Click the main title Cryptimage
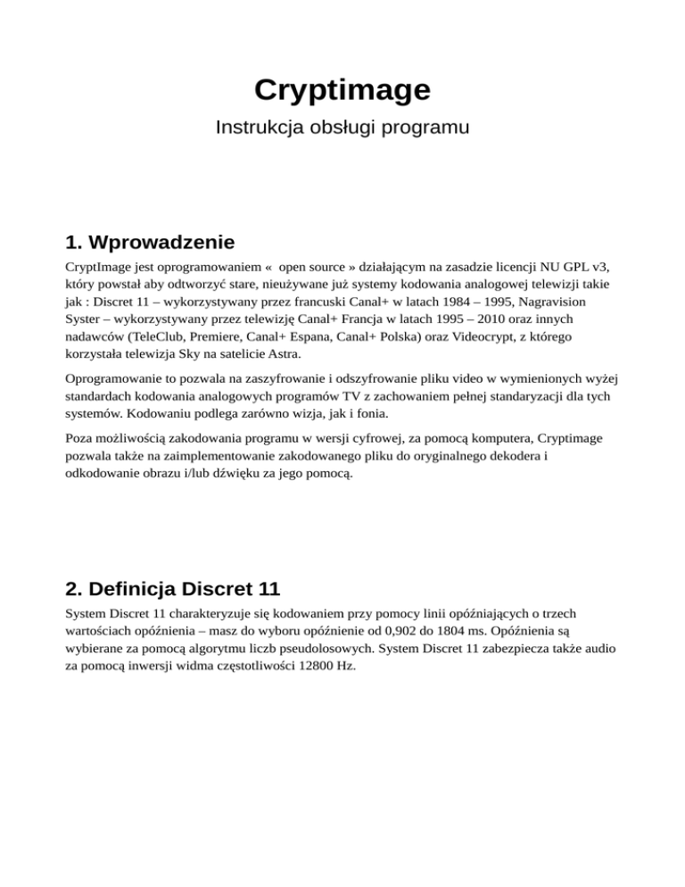342,89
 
